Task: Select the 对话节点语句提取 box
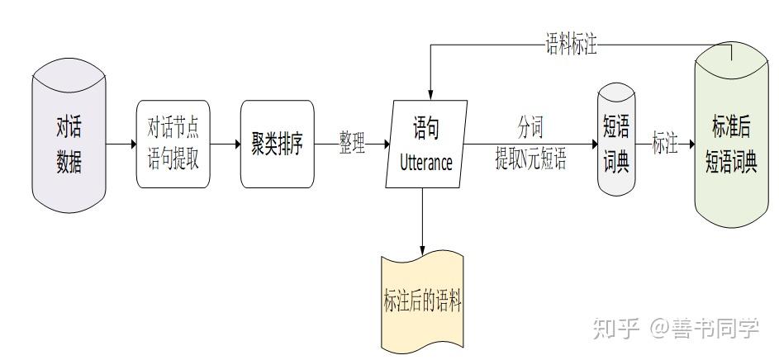(x=173, y=144)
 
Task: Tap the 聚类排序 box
(x=278, y=144)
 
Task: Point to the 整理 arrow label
(x=352, y=144)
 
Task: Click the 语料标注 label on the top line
(x=571, y=45)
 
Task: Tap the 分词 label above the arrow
(x=530, y=127)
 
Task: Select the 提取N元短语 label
(x=530, y=159)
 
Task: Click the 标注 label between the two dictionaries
(x=665, y=144)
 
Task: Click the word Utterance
(x=425, y=162)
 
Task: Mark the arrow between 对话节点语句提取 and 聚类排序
(x=226, y=144)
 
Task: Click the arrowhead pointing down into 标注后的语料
(x=422, y=249)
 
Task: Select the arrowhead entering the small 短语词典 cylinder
(x=592, y=144)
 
